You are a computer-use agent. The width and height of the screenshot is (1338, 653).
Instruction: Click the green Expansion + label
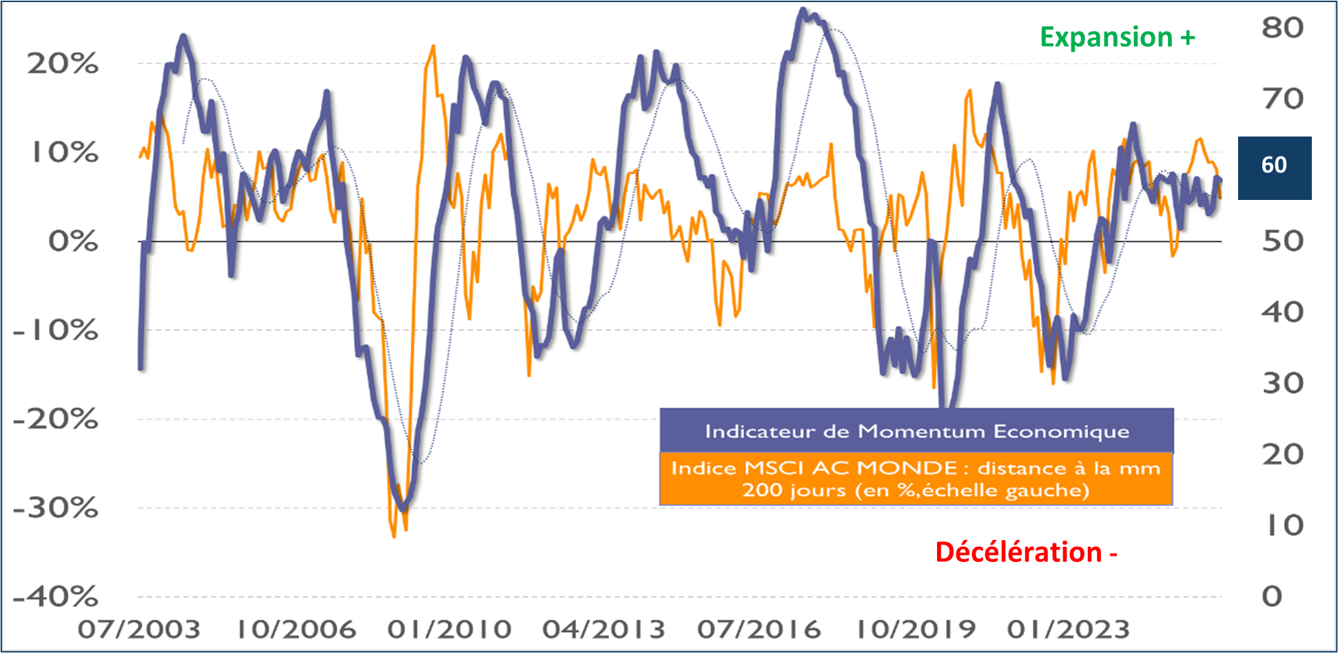click(1117, 37)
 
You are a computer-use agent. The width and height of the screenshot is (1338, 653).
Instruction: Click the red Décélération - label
click(1026, 552)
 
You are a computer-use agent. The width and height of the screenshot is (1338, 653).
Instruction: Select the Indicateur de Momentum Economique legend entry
click(916, 432)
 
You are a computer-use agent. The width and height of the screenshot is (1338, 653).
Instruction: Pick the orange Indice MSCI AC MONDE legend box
click(916, 479)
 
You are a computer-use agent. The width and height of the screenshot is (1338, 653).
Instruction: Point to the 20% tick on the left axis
click(63, 64)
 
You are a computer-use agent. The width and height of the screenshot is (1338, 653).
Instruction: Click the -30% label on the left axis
click(56, 508)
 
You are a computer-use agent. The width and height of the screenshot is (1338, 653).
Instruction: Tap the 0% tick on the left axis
click(72, 241)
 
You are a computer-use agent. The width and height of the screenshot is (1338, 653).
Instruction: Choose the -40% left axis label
click(56, 596)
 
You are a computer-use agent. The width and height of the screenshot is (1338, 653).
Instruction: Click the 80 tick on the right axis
click(1282, 28)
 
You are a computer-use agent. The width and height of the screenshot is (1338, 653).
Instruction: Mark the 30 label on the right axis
click(1282, 383)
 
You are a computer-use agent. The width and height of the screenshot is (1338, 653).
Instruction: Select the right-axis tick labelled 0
click(1272, 596)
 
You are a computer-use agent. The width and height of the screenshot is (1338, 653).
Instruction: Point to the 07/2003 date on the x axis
click(138, 630)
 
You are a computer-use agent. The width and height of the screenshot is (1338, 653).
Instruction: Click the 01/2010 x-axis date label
click(449, 630)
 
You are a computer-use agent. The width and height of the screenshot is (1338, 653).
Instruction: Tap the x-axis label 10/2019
click(916, 630)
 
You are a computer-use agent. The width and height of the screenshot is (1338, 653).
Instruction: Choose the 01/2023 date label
click(1068, 630)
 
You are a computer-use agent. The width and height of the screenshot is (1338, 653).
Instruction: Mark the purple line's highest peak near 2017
click(803, 10)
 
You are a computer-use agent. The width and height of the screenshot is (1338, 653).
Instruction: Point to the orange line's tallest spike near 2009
click(433, 46)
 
